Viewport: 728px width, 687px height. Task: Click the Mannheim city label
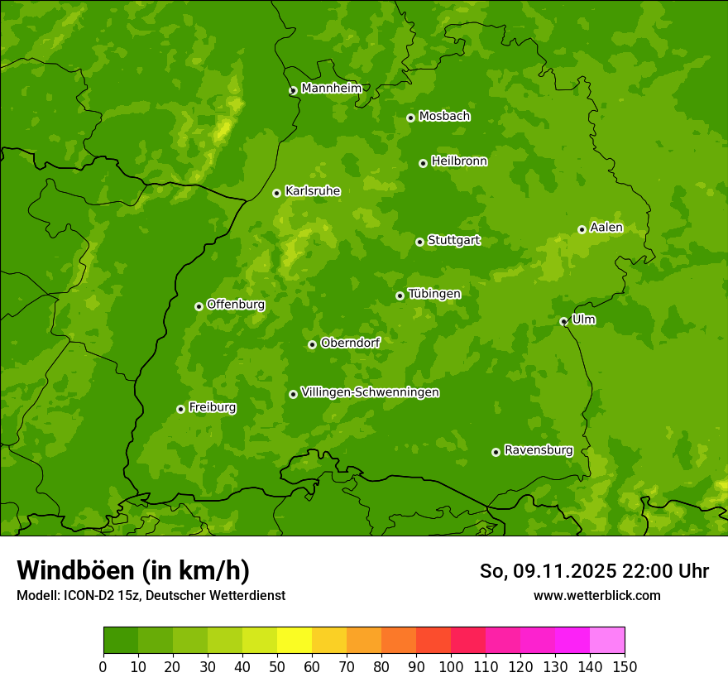[331, 89]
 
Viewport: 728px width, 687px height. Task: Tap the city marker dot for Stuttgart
[419, 242]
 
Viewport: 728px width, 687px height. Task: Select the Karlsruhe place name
[312, 191]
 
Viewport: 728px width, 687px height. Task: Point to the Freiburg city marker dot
[180, 409]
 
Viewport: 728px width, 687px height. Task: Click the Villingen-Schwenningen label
[370, 392]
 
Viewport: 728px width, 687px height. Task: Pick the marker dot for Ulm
[563, 321]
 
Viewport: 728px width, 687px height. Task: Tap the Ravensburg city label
[538, 450]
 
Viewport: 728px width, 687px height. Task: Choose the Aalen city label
[606, 228]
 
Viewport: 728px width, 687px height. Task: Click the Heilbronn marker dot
[423, 163]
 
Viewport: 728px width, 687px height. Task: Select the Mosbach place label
[443, 117]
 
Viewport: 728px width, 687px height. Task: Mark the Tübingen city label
[433, 294]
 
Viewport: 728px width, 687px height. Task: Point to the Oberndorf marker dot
[312, 344]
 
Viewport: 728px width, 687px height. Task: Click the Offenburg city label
[235, 305]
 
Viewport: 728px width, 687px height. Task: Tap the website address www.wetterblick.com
[596, 595]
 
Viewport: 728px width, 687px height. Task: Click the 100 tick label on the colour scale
[450, 666]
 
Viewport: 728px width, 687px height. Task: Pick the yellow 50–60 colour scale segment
[295, 641]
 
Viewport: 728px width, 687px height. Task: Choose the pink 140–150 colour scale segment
[606, 641]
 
